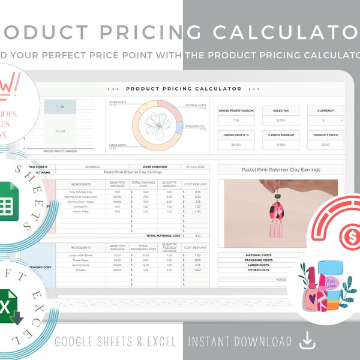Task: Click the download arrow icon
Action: pyautogui.click(x=307, y=341)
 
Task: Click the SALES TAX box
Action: pyautogui.click(x=277, y=116)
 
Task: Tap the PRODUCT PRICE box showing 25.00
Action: pyautogui.click(x=326, y=140)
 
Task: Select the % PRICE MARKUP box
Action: pyautogui.click(x=277, y=140)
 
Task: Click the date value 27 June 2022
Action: pyautogui.click(x=196, y=166)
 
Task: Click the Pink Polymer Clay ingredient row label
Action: pyautogui.click(x=81, y=192)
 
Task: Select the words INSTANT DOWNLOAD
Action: pyautogui.click(x=240, y=341)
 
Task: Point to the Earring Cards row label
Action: pyautogui.click(x=81, y=264)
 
